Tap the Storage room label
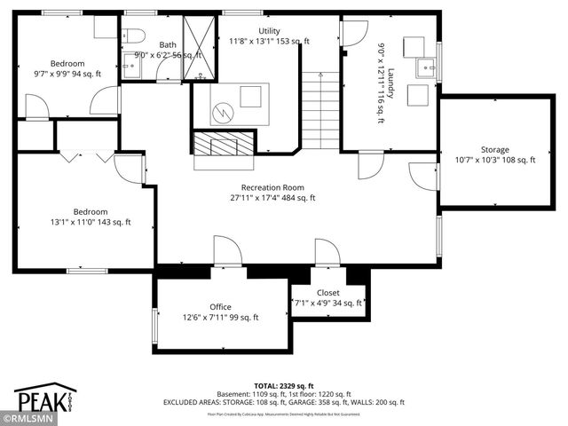coord(495,149)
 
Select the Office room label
coord(220,307)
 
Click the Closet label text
coord(327,292)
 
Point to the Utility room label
coord(269,30)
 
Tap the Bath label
coord(168,44)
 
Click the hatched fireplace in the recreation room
coord(225,144)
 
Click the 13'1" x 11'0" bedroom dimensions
coord(91,223)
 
